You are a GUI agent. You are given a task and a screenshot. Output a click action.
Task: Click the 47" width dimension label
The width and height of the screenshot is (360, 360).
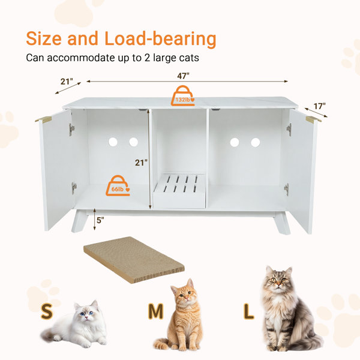tap(183, 76)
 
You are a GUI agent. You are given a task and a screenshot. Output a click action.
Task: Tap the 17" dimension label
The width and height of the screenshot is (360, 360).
tap(320, 106)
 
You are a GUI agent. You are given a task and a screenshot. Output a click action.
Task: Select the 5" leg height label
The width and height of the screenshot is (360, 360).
tap(100, 220)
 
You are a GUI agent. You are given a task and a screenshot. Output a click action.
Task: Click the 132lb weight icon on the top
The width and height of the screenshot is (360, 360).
tap(183, 96)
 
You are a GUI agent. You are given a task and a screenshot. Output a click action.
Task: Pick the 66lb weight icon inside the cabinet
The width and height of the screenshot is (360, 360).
tap(118, 186)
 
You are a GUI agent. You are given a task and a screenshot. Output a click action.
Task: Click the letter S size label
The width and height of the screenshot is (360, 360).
tap(47, 311)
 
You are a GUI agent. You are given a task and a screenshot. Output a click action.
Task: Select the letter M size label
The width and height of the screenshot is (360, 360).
tap(155, 311)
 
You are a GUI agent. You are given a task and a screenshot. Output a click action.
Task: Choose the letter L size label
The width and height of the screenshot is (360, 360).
tap(248, 311)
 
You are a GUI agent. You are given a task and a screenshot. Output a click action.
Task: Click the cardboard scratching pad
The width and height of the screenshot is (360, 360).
tap(134, 260)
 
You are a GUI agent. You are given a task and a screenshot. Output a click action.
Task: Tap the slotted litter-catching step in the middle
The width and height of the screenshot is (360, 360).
tap(179, 191)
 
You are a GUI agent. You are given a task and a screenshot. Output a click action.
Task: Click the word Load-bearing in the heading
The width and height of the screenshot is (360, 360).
tap(160, 38)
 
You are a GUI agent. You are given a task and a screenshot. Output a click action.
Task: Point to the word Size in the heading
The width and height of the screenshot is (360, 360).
tap(44, 38)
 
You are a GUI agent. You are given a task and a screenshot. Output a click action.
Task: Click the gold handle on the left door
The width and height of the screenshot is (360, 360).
tap(43, 119)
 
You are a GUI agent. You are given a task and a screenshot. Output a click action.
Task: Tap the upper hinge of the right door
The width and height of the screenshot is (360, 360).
tap(289, 130)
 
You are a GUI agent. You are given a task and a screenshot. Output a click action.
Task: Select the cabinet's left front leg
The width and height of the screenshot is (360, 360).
tap(80, 221)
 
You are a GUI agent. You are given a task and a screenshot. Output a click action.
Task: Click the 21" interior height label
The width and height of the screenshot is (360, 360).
tap(141, 163)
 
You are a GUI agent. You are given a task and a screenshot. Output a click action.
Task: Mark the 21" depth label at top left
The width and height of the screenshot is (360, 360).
tap(67, 81)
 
